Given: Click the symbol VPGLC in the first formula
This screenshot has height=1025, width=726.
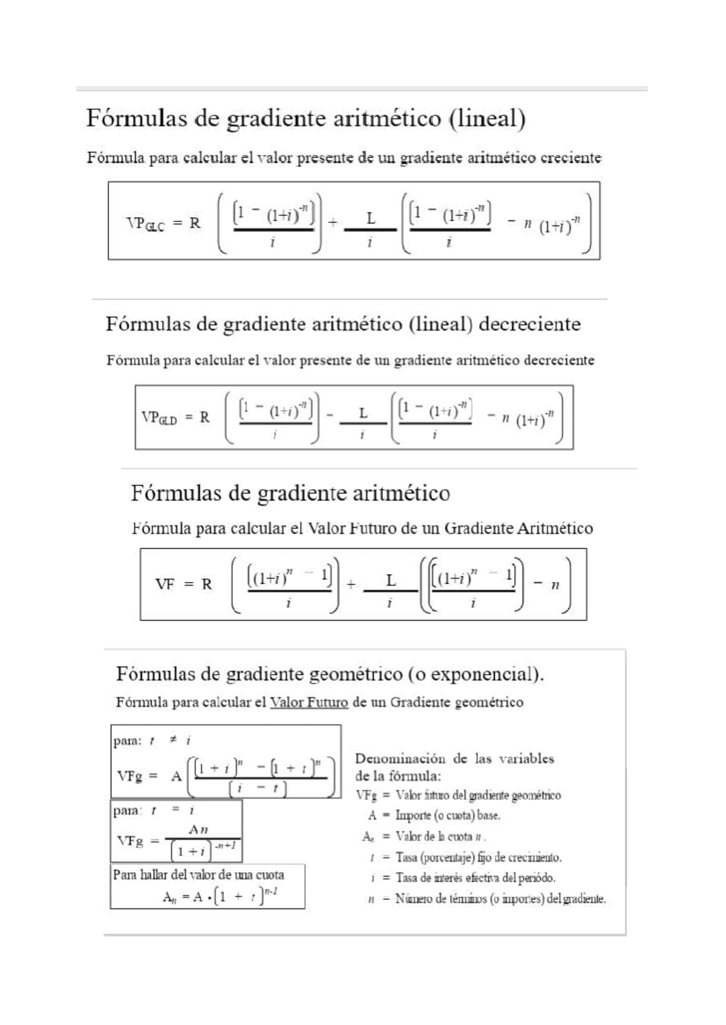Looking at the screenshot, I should (145, 224).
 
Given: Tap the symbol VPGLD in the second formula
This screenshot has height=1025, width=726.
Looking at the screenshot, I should (159, 418).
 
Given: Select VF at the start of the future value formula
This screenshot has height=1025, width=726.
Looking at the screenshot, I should (165, 584).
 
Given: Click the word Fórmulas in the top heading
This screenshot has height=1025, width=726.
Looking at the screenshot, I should (136, 118).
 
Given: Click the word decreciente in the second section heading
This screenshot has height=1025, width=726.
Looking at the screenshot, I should (529, 325).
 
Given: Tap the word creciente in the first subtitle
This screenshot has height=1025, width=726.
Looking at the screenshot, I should (571, 158).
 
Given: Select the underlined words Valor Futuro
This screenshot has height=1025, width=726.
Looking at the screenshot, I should (309, 702).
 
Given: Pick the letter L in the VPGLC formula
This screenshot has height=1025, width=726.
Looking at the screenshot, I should (371, 219).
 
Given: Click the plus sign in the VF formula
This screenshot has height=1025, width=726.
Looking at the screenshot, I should (350, 584).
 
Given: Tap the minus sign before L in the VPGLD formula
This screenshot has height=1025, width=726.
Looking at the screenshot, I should (330, 416).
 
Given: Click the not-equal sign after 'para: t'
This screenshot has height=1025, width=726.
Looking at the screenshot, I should (172, 740).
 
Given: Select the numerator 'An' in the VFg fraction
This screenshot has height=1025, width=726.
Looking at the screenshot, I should (198, 830).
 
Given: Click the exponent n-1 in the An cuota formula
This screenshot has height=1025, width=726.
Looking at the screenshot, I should (270, 891).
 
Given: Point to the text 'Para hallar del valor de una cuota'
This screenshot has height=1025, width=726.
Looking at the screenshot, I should (198, 875).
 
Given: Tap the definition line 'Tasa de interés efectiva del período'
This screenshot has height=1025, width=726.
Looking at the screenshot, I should (475, 878).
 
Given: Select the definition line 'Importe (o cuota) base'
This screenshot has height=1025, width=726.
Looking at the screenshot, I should (448, 815).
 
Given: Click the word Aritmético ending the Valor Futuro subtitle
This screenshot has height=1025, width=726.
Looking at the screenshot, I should (555, 529).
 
